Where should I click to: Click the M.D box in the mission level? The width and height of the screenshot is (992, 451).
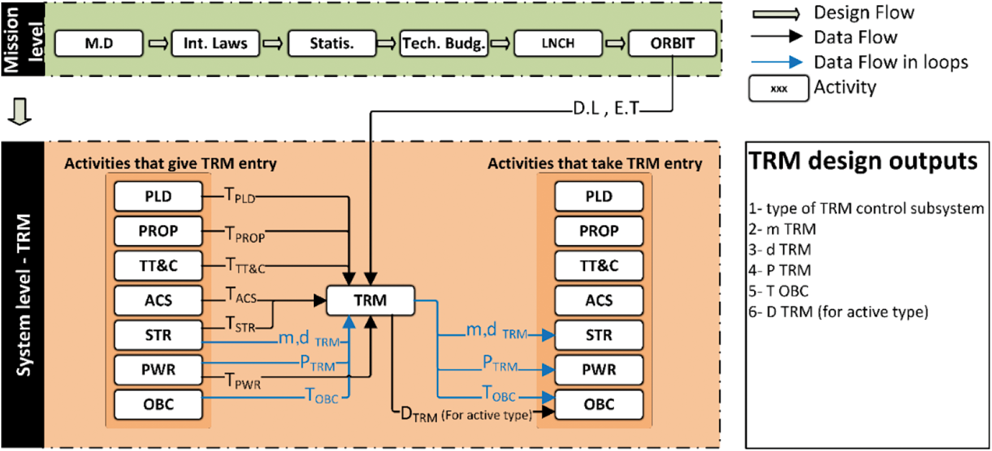(99, 44)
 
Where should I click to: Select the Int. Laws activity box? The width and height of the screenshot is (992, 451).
(215, 44)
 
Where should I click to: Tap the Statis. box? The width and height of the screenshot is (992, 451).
(332, 44)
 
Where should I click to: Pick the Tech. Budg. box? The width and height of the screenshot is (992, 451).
(444, 44)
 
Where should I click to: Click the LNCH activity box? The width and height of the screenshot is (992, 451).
(558, 44)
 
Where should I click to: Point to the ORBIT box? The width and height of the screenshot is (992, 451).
(672, 44)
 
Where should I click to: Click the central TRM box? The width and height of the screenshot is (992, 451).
(370, 300)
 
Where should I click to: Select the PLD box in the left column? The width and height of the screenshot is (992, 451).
(158, 196)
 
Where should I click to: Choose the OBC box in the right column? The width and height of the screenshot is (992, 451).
(599, 404)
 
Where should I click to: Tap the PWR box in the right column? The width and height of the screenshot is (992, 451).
(599, 370)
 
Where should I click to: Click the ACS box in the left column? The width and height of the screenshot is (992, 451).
(158, 300)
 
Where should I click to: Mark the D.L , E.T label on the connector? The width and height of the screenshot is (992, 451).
(605, 109)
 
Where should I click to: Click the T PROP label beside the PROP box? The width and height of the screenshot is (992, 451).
(245, 234)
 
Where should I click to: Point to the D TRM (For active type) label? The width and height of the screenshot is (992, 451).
(466, 415)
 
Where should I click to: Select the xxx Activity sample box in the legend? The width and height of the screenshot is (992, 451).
(778, 89)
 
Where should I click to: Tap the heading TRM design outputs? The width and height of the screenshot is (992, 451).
(863, 161)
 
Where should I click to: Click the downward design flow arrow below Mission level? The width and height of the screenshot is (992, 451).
(20, 111)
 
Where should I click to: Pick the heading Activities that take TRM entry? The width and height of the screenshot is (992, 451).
(595, 164)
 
